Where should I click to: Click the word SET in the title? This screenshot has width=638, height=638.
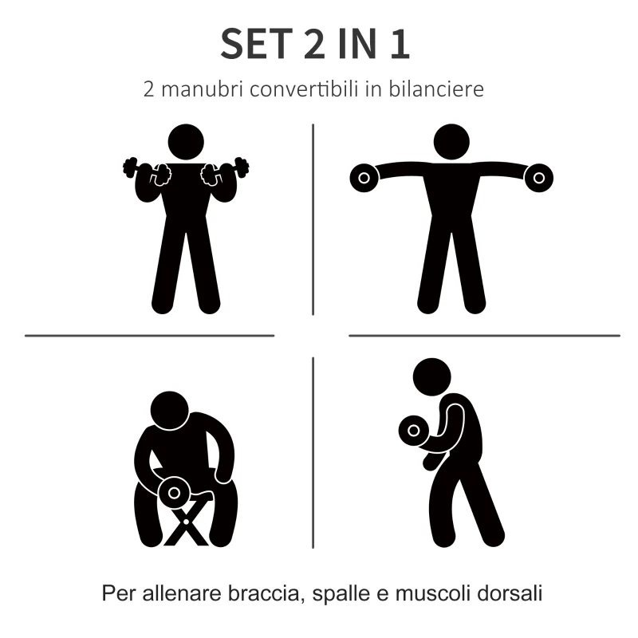pos(256,44)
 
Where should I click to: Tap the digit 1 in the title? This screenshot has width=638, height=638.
pos(400,44)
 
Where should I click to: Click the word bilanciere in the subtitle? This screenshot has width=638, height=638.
pos(436,89)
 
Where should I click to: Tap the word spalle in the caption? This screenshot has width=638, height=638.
pos(341,594)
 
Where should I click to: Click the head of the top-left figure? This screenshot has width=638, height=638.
pos(186,142)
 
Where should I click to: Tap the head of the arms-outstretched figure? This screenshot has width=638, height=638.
pos(451,142)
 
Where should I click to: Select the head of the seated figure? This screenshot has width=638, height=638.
pos(170,411)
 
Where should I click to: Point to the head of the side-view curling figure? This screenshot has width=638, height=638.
pos(431,376)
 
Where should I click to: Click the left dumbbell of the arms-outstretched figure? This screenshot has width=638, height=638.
pos(364,178)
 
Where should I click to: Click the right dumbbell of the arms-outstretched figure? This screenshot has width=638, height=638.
pos(539,178)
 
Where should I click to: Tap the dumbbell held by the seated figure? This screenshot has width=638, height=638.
pos(174,493)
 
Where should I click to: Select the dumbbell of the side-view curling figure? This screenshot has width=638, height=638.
pos(413,431)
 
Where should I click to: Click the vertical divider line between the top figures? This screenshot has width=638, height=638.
pos(313,219)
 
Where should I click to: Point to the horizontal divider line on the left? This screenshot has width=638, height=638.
pos(150,336)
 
